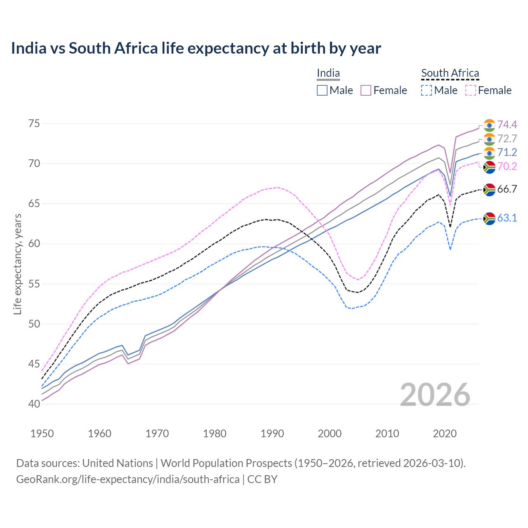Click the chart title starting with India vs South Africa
[x=196, y=48]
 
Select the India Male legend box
[x=322, y=90]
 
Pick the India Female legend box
[x=366, y=90]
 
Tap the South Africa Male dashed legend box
[x=427, y=90]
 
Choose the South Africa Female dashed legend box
[x=470, y=90]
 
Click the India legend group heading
[x=328, y=73]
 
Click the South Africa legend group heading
[x=450, y=73]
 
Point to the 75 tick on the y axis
[x=34, y=124]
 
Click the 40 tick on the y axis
[x=34, y=404]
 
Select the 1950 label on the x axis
[x=42, y=434]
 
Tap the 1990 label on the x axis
[x=272, y=434]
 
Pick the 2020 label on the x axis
[x=445, y=434]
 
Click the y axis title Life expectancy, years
[x=18, y=264]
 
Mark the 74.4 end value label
[x=507, y=125]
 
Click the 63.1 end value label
[x=507, y=218]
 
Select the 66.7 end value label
[x=507, y=189]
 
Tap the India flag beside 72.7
[x=489, y=139]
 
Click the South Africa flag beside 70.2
[x=489, y=167]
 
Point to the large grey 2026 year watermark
[x=435, y=395]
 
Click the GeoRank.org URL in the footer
[x=128, y=479]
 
